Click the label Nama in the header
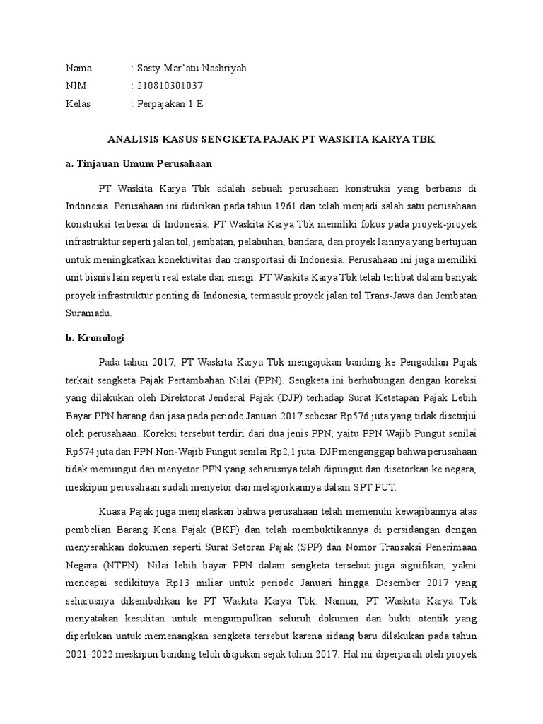[78, 68]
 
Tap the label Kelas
[78, 103]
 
